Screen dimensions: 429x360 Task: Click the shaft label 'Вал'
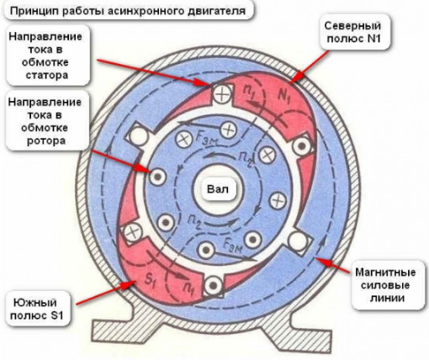pos(218,189)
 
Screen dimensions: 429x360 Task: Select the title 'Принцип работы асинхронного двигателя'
pos(128,11)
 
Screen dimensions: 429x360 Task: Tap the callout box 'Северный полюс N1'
pos(353,32)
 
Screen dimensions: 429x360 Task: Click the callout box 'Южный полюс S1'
pos(37,309)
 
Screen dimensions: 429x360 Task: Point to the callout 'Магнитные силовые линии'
pos(387,285)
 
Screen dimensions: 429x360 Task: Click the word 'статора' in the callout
pos(47,75)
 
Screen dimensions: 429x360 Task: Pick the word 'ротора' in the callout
pos(46,140)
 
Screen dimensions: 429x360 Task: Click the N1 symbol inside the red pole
pos(283,96)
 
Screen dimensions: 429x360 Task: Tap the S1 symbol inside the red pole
pos(149,281)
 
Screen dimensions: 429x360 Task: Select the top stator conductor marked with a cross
pos(222,94)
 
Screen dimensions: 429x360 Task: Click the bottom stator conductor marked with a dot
pos(214,285)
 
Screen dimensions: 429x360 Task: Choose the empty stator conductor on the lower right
pos(298,241)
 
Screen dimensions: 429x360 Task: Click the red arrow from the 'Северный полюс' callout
pos(310,67)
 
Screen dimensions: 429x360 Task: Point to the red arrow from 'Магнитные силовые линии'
pos(331,265)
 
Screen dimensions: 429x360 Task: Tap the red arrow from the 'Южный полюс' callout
pos(106,293)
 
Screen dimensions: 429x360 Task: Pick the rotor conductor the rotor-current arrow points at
pos(157,177)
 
